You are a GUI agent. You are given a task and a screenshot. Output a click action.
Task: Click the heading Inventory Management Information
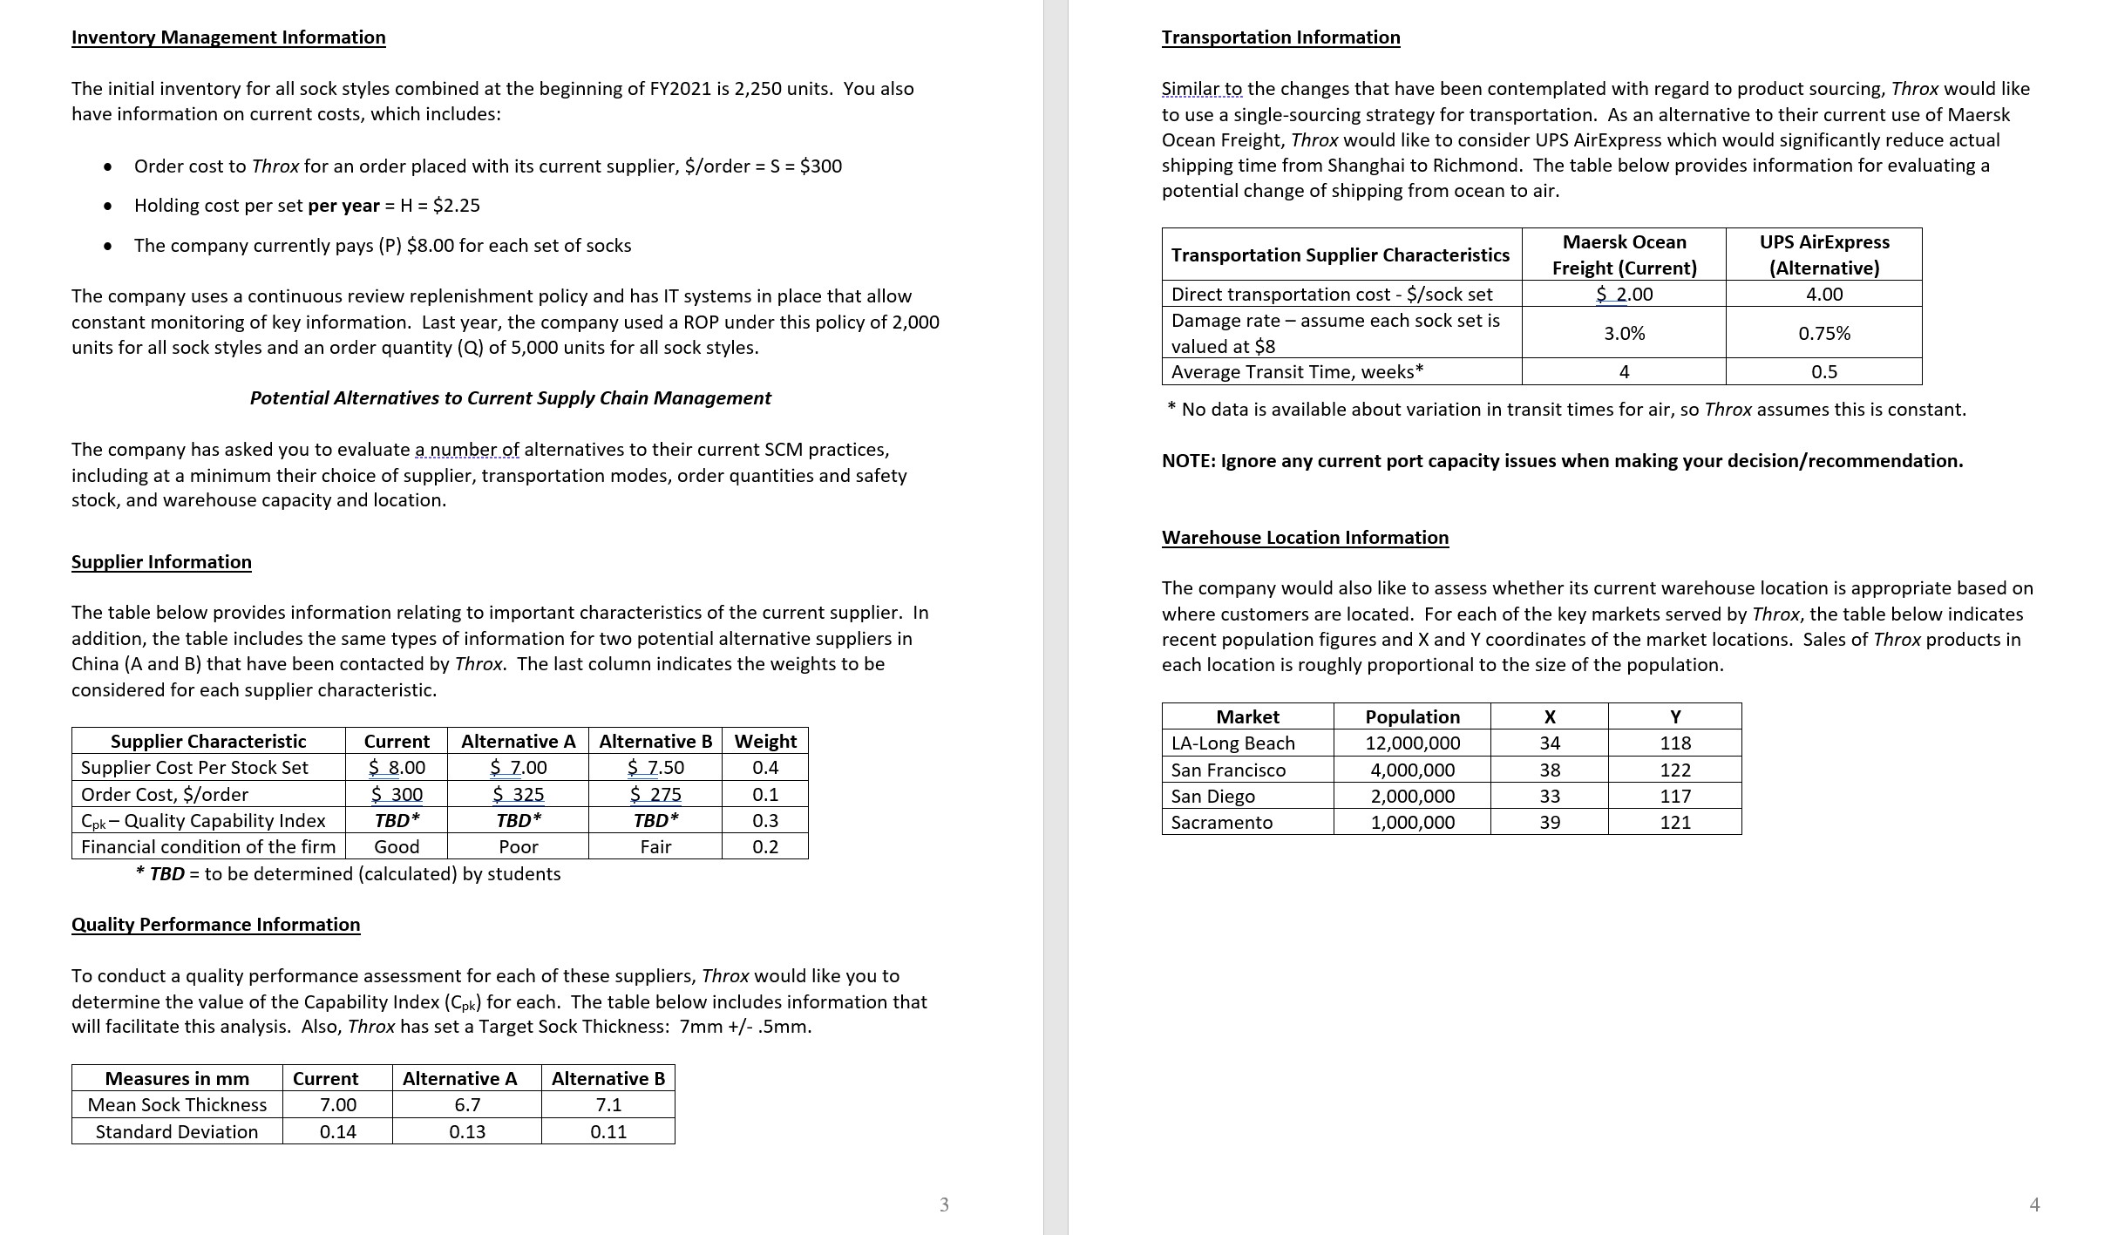point(228,37)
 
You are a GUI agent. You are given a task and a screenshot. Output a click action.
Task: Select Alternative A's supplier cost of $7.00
point(518,768)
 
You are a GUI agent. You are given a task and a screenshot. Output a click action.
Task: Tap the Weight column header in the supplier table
point(764,742)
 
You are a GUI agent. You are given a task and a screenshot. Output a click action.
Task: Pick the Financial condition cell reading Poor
point(518,847)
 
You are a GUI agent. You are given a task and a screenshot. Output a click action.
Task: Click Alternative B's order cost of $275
point(655,795)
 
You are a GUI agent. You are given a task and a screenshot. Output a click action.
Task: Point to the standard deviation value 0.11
point(608,1132)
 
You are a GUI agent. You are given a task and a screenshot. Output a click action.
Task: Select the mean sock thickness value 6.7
point(467,1105)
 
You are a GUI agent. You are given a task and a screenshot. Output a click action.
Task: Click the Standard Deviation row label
point(177,1132)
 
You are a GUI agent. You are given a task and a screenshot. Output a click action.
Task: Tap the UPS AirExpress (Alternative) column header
point(1823,254)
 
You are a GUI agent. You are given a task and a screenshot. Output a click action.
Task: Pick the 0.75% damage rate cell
point(1823,333)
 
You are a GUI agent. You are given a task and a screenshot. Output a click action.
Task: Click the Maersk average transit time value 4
point(1624,372)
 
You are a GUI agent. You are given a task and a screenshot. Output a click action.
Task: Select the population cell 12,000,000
point(1412,743)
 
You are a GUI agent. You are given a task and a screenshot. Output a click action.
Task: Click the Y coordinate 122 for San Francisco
point(1674,770)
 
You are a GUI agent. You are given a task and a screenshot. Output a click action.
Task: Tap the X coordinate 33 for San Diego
point(1549,797)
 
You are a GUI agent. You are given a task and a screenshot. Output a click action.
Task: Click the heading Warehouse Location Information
point(1305,538)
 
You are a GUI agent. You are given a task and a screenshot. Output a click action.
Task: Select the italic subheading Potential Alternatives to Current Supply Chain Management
point(510,398)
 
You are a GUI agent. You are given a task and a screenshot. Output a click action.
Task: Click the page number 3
point(944,1204)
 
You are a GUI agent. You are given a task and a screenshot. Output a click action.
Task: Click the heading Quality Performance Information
point(215,925)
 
